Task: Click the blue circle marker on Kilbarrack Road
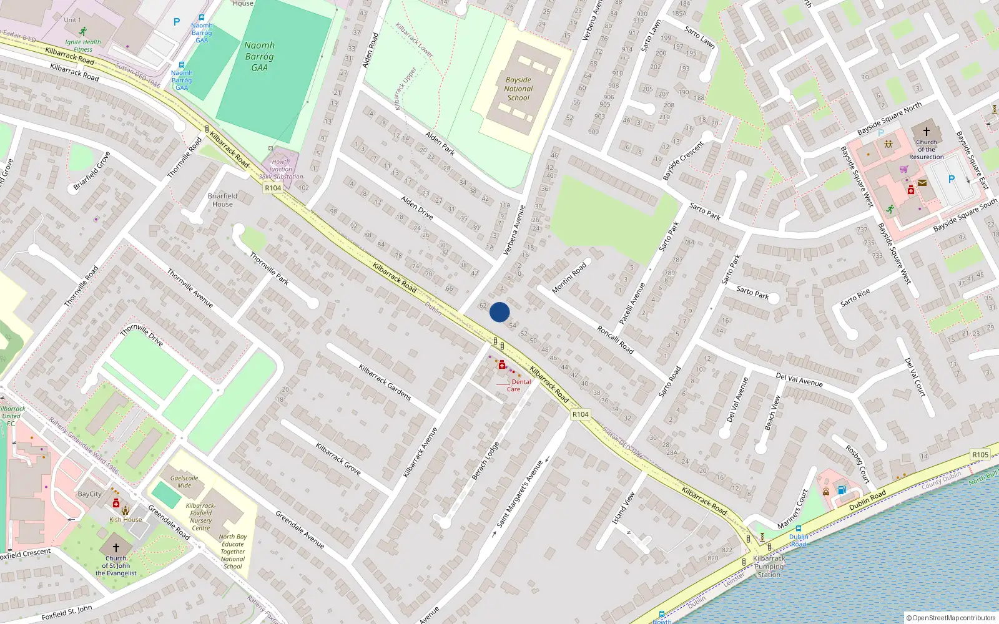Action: coord(499,312)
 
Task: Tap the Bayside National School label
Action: coord(518,89)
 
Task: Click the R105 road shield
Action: coord(980,455)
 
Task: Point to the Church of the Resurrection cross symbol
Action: coord(926,132)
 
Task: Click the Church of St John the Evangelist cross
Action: coord(116,547)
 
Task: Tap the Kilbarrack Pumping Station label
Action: coord(769,567)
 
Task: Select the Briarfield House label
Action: coord(222,200)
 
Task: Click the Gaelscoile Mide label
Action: coord(184,482)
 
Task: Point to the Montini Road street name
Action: coord(569,278)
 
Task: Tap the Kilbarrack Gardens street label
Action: coord(385,382)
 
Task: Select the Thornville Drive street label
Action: coord(142,335)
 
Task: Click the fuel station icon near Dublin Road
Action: coord(842,490)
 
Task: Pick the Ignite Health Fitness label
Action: coord(83,46)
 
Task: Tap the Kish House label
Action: coord(125,519)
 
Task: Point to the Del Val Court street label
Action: coord(915,377)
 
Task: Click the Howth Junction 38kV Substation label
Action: coord(281,169)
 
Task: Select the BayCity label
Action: coord(90,494)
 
